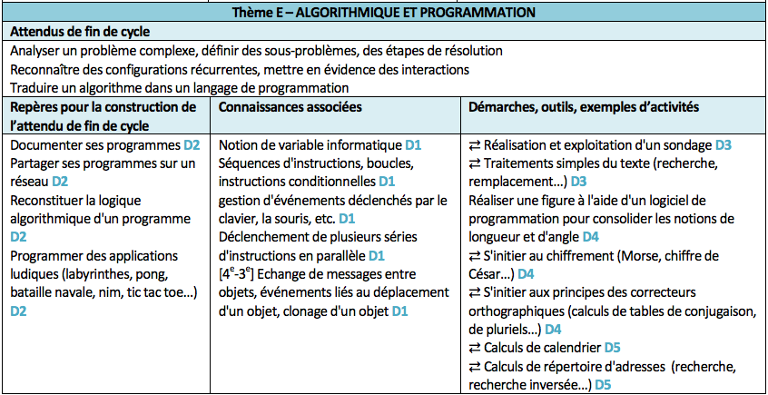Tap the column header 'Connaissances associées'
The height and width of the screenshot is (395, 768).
290,106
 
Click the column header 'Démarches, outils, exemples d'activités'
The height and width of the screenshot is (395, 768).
583,106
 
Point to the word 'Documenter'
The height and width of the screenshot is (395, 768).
45,145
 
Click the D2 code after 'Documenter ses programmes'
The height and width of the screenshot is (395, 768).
192,145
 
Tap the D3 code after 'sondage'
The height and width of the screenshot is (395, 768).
723,145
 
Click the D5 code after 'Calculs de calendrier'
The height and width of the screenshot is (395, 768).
612,347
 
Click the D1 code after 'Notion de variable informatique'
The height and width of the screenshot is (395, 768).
414,145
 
